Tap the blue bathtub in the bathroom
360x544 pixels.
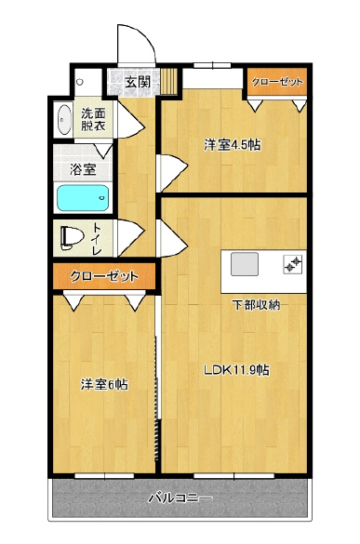coord(83,198)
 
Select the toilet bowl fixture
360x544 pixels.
coord(72,238)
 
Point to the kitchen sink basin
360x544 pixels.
coord(245,264)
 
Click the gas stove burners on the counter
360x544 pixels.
coord(293,264)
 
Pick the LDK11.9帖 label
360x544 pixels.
coord(236,370)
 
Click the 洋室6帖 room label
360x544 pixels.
coord(104,384)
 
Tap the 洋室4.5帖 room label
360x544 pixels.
coord(233,145)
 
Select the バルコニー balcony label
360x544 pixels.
coord(180,498)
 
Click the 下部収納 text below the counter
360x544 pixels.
coord(256,305)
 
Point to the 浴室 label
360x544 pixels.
coord(83,169)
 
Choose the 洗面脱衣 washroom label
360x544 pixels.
coord(93,119)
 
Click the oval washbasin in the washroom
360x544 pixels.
coord(64,119)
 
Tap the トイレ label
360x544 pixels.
coord(97,238)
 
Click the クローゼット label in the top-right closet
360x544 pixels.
coord(277,82)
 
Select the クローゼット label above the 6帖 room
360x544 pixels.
coord(104,276)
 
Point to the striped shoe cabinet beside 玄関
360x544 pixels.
coord(169,81)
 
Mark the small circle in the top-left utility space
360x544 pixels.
coord(80,82)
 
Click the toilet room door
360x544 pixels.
coord(129,238)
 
